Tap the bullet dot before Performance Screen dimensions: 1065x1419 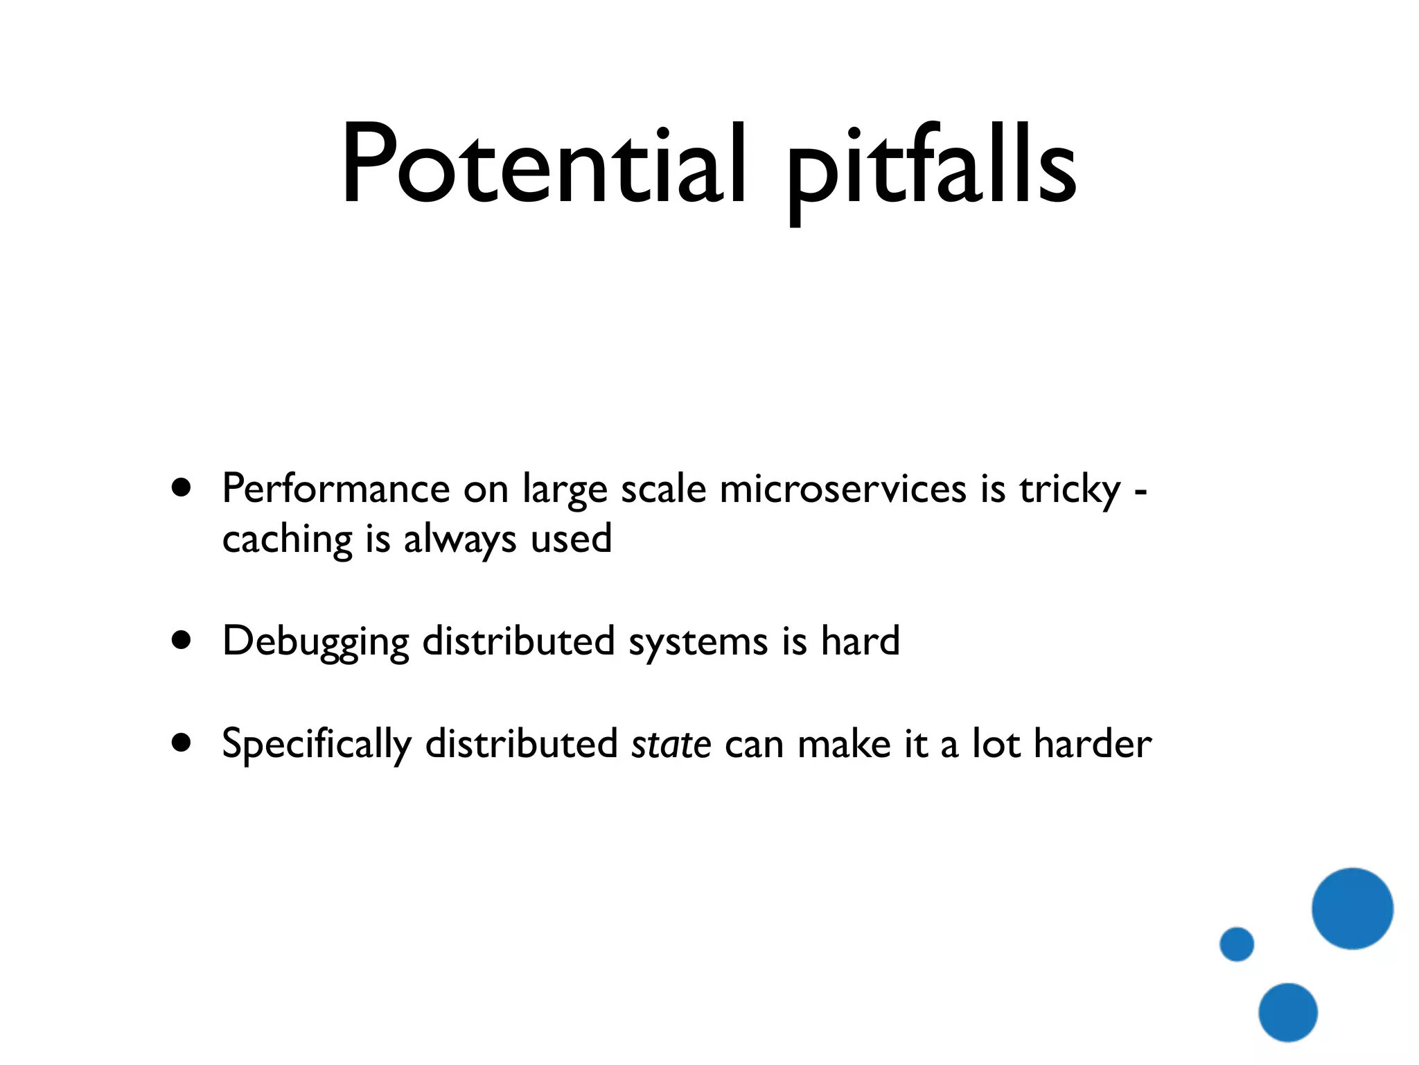[182, 487]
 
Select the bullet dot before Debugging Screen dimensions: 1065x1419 [182, 640]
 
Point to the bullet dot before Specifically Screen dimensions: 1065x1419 [182, 743]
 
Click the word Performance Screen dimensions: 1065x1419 [336, 490]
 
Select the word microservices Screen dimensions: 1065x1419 [843, 488]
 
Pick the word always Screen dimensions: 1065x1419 [459, 540]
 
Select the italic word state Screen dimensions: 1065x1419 [671, 744]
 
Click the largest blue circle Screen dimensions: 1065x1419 [1352, 908]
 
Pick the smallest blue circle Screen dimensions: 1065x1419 [1237, 944]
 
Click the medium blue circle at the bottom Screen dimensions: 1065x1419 [1287, 1012]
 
